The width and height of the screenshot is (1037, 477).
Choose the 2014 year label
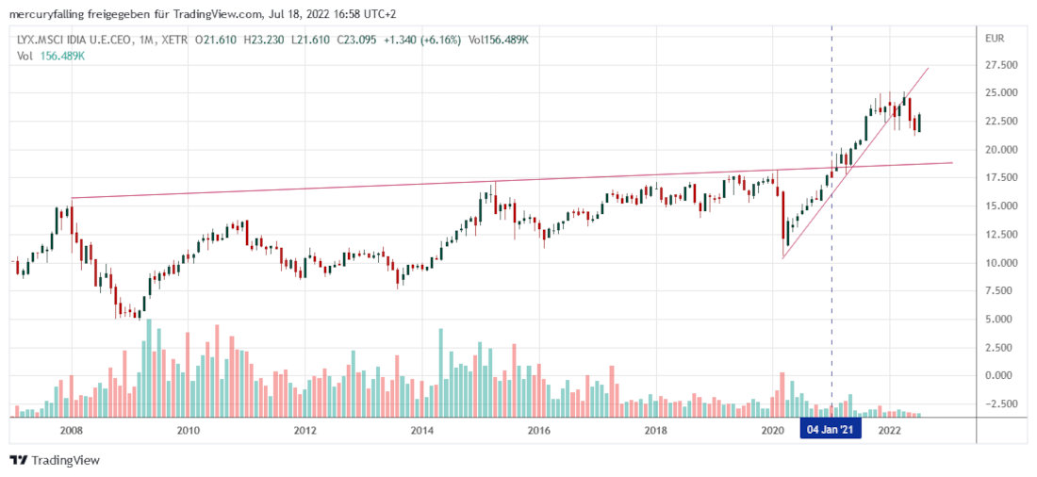point(421,431)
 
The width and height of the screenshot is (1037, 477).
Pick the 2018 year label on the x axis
point(655,431)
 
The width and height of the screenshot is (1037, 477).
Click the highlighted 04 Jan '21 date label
point(831,431)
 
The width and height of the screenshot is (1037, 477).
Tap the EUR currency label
point(994,38)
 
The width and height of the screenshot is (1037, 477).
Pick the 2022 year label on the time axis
point(888,431)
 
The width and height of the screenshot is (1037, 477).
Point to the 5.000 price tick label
point(1000,320)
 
